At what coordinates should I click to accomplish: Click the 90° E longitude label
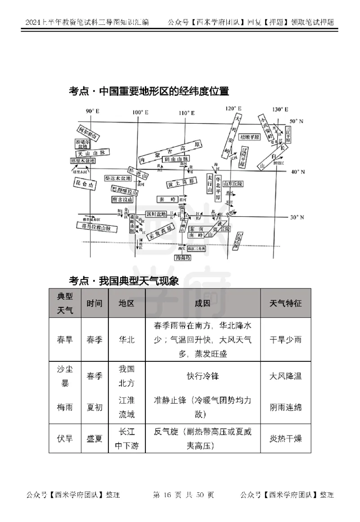tap(92, 111)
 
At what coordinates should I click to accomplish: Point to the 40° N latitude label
tap(297, 172)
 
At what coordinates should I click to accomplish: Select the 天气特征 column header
tap(285, 303)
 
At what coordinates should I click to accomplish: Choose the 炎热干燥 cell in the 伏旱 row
tap(285, 438)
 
